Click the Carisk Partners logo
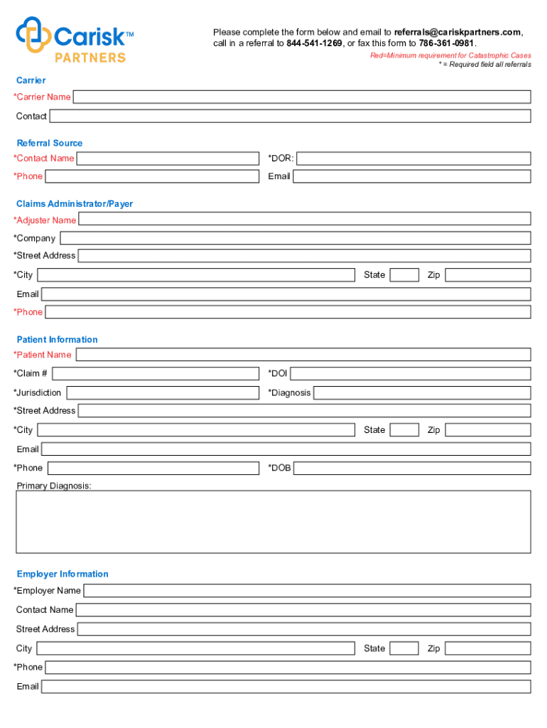point(75,39)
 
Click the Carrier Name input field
point(302,97)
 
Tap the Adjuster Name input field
point(304,219)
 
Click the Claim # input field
point(156,373)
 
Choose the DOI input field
point(410,373)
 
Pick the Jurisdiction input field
point(163,392)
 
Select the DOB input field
point(412,468)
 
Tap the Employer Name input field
point(307,591)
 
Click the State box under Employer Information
point(404,648)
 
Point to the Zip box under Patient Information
point(487,430)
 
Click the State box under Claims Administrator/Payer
point(404,275)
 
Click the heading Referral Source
point(50,143)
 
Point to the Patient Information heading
point(58,340)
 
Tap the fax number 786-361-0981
point(446,43)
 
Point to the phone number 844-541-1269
point(314,43)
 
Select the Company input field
point(296,238)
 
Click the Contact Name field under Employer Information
point(303,610)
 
